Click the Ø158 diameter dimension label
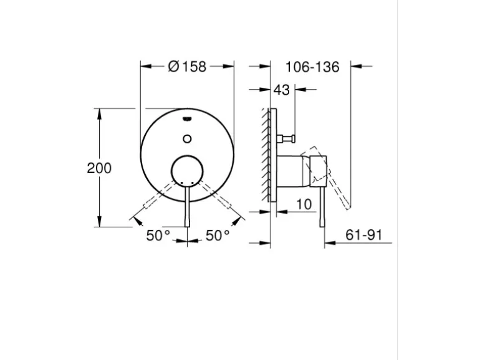tap(187, 66)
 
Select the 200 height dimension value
tap(99, 168)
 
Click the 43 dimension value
tap(282, 90)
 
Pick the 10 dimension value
tap(304, 204)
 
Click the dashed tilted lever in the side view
tap(334, 178)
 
